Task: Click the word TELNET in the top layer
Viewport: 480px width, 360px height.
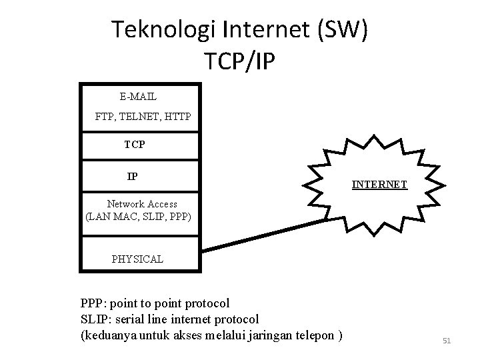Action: coord(143,117)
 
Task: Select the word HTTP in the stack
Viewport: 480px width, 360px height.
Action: coord(177,117)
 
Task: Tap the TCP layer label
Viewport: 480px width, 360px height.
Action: coord(135,144)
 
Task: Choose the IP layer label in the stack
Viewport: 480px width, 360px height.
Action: coord(133,177)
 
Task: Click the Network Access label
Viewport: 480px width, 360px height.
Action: coord(142,204)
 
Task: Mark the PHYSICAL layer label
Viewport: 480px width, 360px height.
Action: coord(137,259)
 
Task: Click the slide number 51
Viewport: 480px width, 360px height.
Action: coord(447,341)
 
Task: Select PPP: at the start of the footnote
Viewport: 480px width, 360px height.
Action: coord(94,303)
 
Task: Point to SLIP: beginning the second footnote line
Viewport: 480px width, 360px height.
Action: coord(96,319)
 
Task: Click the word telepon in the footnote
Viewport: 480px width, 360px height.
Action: coord(315,335)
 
